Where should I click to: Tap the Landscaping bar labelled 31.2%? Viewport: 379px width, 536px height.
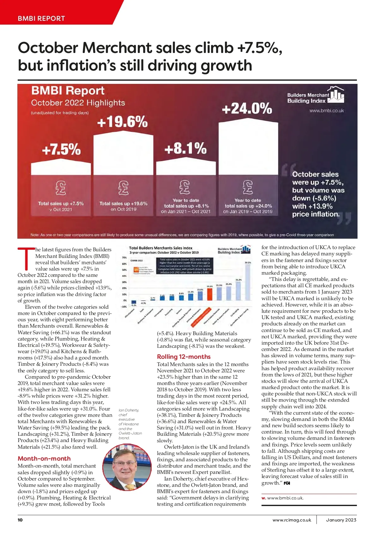click(x=238, y=291)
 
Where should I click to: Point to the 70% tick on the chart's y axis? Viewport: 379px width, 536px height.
click(x=124, y=258)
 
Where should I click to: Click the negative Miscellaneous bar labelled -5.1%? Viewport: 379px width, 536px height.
click(x=134, y=302)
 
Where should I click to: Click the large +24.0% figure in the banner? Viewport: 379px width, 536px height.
click(x=247, y=108)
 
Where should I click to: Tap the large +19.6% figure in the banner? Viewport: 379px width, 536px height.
click(x=122, y=122)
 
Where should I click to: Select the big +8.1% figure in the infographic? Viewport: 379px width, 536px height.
click(x=185, y=148)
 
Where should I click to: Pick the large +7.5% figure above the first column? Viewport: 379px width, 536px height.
click(x=61, y=149)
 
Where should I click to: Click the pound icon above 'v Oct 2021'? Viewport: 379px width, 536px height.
click(x=61, y=188)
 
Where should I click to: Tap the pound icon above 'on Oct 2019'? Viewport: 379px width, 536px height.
click(x=123, y=188)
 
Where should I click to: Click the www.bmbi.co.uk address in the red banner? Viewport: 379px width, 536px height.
click(x=327, y=111)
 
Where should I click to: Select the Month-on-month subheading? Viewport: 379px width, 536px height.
click(x=44, y=458)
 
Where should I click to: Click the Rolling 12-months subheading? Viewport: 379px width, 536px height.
click(x=183, y=357)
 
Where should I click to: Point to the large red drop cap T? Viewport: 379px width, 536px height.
click(x=26, y=258)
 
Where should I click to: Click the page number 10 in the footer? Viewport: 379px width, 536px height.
click(x=20, y=520)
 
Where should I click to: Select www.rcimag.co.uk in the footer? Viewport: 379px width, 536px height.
click(x=292, y=520)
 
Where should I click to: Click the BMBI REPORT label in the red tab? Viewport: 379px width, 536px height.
click(x=41, y=18)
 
